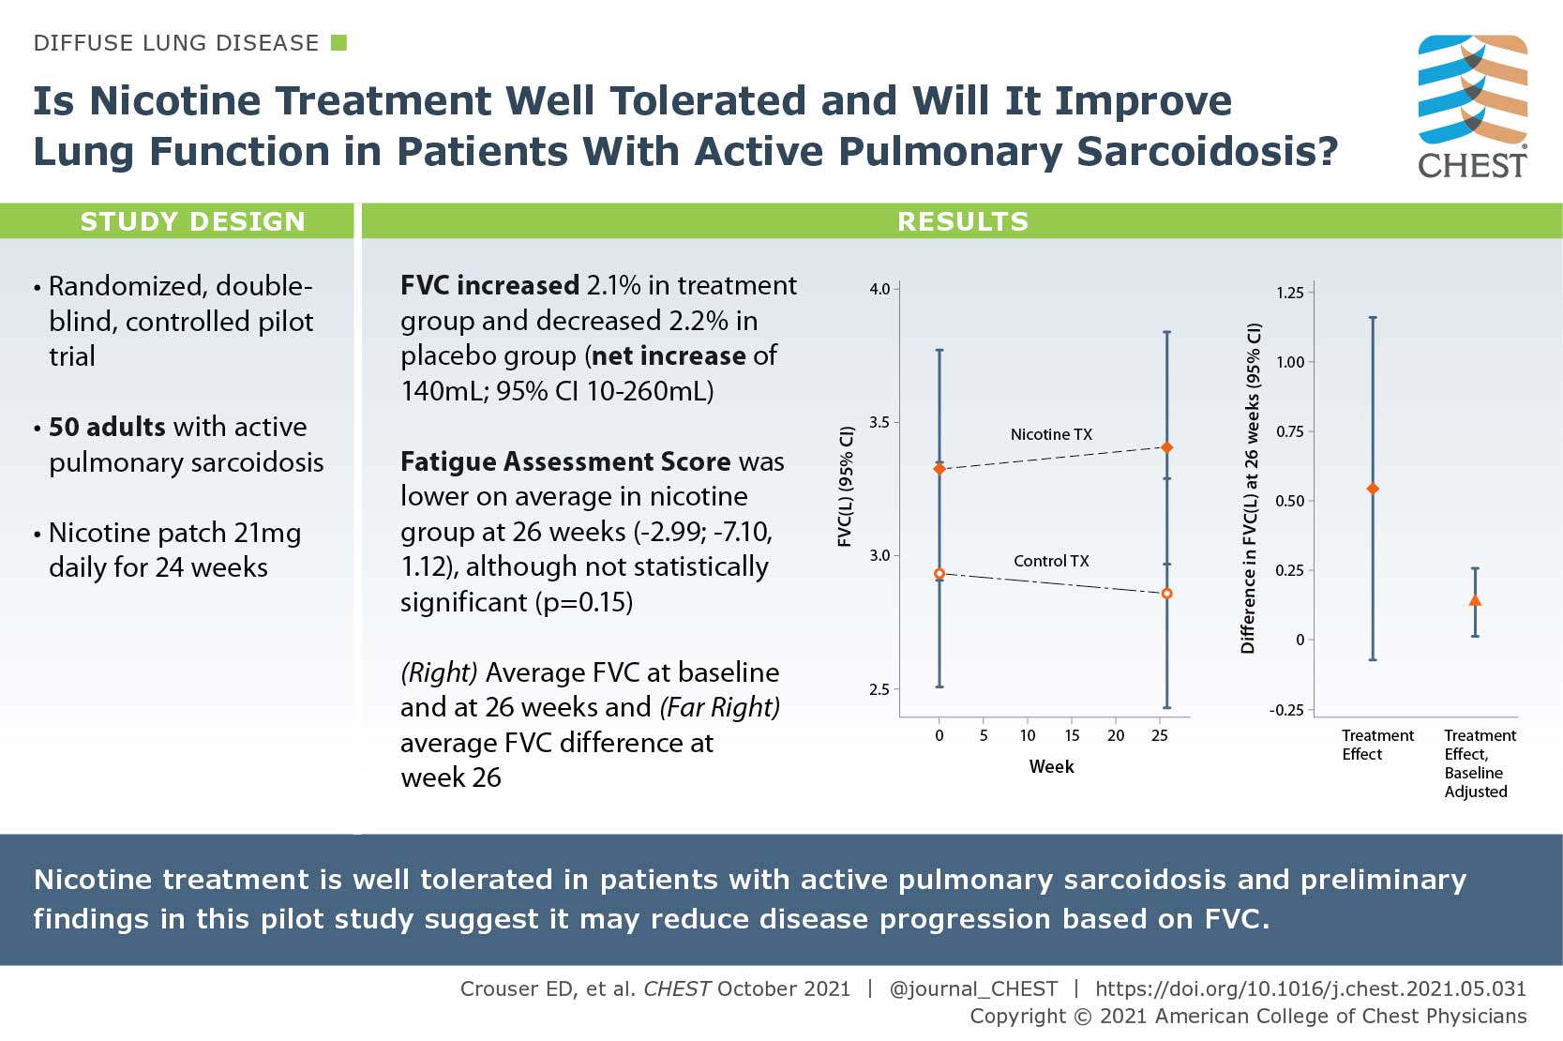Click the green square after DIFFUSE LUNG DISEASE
click(x=339, y=42)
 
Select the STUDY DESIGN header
click(x=192, y=221)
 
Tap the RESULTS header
click(x=962, y=221)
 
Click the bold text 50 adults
click(x=107, y=427)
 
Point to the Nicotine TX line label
click(x=1051, y=434)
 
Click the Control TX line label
click(x=1051, y=561)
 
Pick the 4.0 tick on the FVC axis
click(x=879, y=289)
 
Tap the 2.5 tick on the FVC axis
click(x=879, y=689)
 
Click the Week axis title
click(x=1051, y=766)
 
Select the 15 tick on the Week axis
click(x=1072, y=735)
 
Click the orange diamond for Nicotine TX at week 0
click(x=939, y=468)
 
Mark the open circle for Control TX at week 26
click(x=1166, y=594)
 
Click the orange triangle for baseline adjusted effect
click(x=1475, y=600)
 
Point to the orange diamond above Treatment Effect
click(x=1373, y=489)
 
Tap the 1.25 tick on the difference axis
click(x=1290, y=293)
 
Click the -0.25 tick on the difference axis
click(x=1286, y=710)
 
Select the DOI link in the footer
click(x=1310, y=988)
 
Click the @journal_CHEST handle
click(x=972, y=988)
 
